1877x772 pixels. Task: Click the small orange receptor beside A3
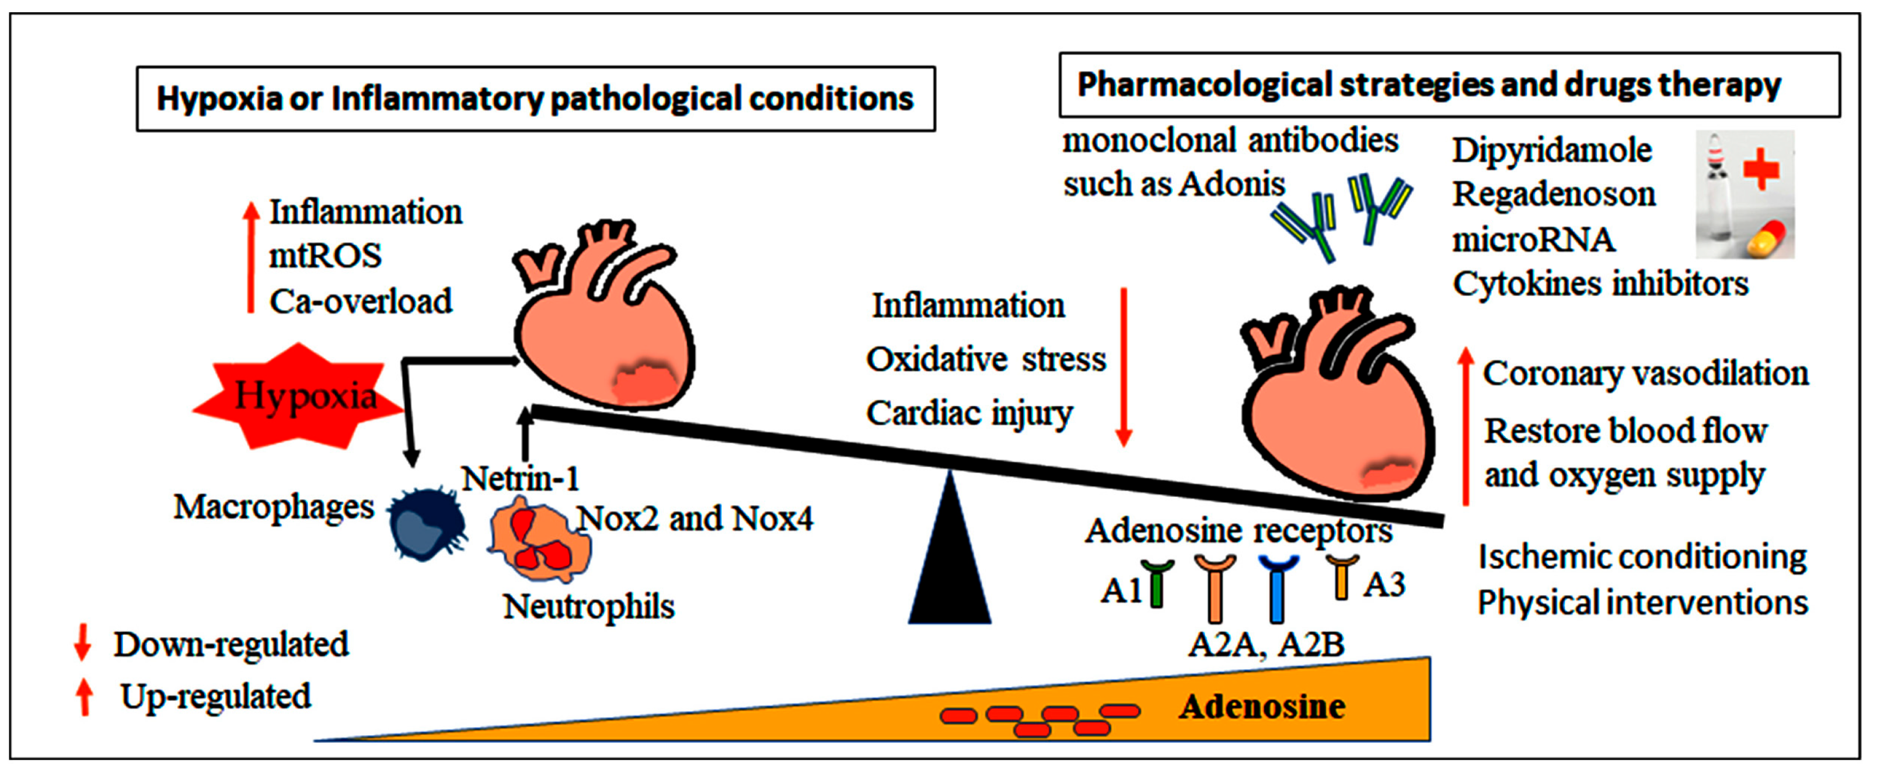[1341, 576]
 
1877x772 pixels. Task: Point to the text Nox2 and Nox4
[695, 519]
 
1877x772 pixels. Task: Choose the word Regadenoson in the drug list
[1554, 194]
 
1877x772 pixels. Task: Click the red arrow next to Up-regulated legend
[85, 696]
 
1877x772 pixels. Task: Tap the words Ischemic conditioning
[1642, 558]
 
